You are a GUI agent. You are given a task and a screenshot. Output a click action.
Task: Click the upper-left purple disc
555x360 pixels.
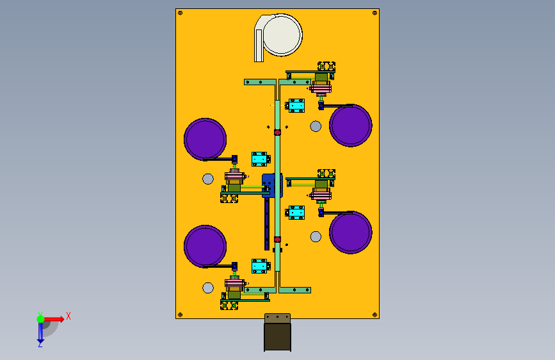pos(205,138)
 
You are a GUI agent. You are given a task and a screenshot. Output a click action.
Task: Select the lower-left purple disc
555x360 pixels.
pos(205,245)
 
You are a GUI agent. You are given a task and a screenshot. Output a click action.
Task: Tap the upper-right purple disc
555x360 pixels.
pos(351,125)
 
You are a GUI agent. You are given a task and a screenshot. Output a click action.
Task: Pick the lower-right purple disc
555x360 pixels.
pos(351,232)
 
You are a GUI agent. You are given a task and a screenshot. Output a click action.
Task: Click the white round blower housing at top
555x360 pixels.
pos(282,35)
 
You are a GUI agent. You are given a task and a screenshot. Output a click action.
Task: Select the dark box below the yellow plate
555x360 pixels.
pos(277,337)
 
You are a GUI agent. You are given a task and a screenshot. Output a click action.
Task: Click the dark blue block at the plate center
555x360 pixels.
pos(271,185)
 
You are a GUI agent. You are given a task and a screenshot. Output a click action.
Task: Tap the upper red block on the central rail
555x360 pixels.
pos(277,133)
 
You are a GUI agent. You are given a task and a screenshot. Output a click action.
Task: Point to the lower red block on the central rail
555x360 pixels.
pos(277,240)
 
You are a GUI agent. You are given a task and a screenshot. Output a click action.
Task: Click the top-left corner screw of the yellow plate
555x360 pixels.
pos(180,13)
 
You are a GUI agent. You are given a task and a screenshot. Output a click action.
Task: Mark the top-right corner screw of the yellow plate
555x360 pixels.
pos(374,13)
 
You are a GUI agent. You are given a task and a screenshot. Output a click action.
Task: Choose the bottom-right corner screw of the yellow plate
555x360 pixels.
pos(374,314)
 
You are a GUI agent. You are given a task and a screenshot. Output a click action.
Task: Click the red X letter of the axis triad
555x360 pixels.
pos(68,315)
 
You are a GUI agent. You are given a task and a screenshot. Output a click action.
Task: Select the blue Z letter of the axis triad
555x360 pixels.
pos(40,344)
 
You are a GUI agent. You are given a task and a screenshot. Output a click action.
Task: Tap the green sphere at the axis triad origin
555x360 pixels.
pos(40,319)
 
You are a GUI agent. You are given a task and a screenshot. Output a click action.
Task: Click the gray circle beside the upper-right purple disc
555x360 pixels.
pos(316,126)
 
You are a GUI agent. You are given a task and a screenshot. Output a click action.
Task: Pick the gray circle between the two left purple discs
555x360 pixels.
pos(207,179)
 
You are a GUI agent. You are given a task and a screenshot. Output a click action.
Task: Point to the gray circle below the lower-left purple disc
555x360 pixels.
pos(208,288)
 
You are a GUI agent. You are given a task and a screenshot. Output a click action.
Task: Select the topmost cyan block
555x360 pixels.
pos(296,106)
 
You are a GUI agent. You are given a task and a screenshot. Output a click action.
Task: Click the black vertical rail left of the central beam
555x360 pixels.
pos(267,224)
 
